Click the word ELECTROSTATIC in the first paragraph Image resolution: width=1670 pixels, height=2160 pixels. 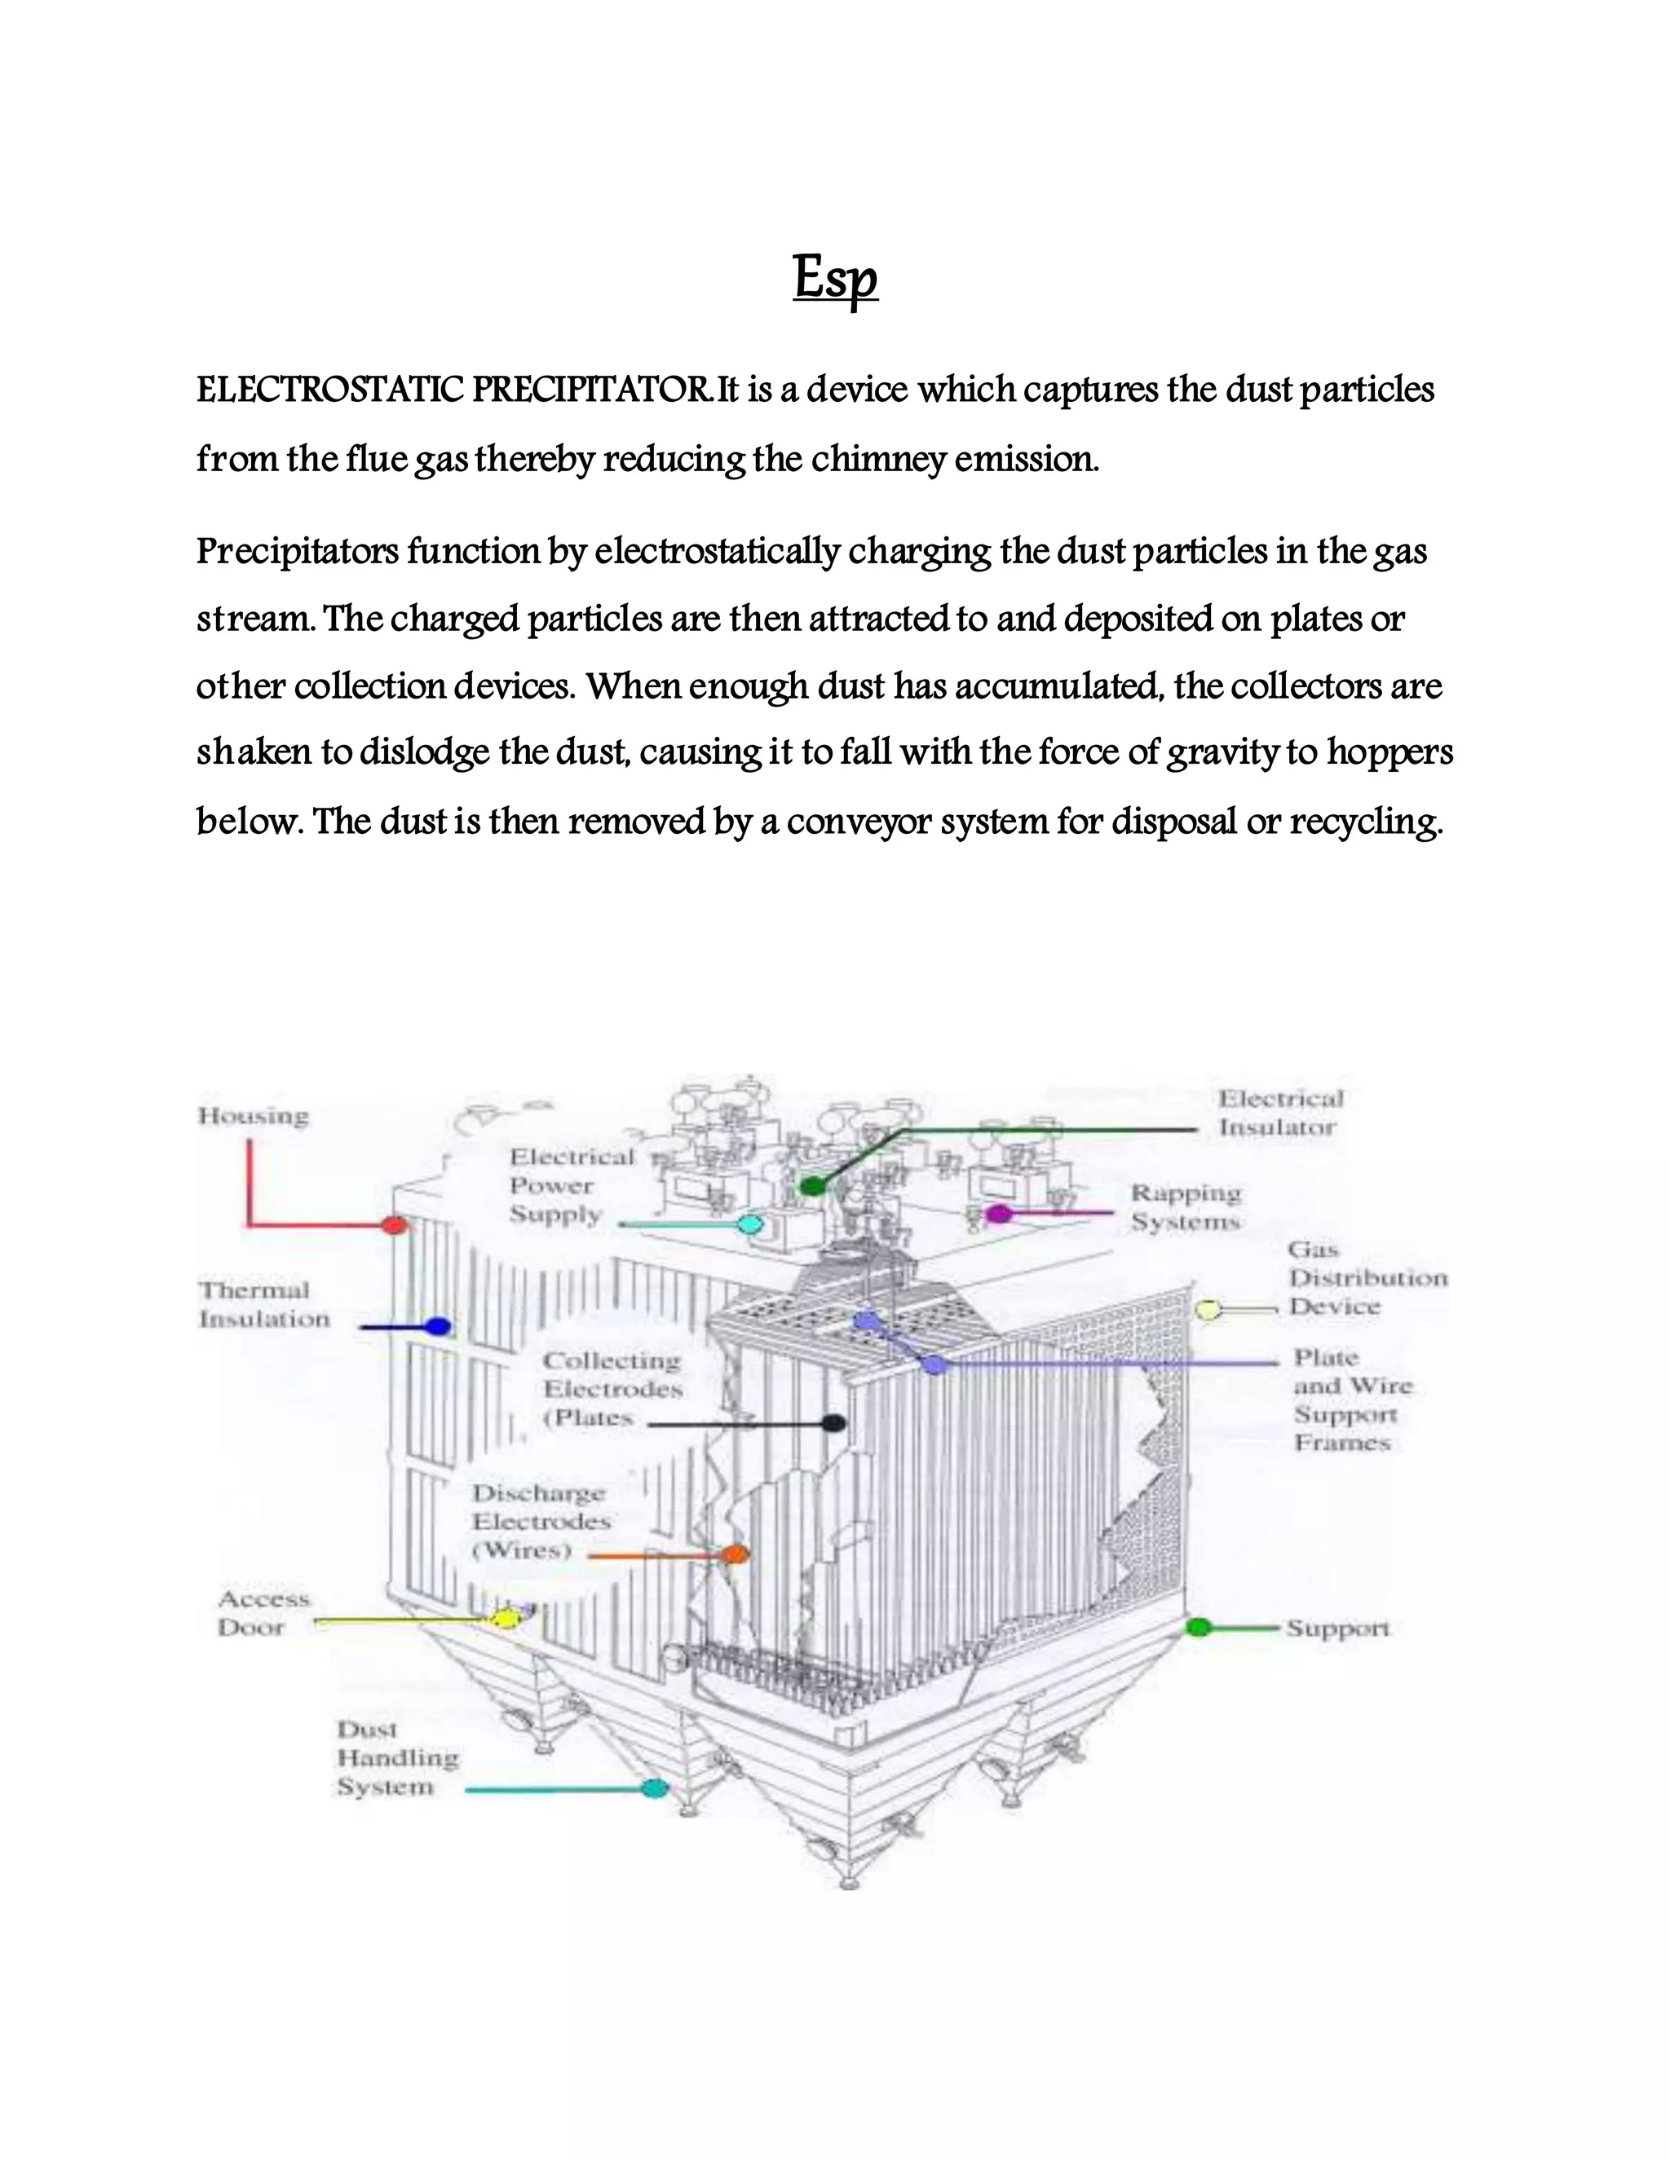329,390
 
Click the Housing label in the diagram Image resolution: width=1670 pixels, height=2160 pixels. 254,1117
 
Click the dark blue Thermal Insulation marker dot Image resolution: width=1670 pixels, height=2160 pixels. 437,1327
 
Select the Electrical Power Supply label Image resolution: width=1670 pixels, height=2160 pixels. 571,1186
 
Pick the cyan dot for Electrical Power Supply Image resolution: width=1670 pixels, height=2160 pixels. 751,1225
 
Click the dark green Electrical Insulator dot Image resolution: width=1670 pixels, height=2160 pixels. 812,1186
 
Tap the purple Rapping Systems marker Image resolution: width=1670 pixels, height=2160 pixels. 999,1214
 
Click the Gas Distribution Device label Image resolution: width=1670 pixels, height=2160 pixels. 1367,1279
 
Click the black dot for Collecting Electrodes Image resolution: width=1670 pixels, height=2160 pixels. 834,1423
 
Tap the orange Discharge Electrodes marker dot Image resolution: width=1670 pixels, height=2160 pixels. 734,1554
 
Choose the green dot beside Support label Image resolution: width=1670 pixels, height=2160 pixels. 1198,1627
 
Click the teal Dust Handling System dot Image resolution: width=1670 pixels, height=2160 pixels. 653,1788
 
